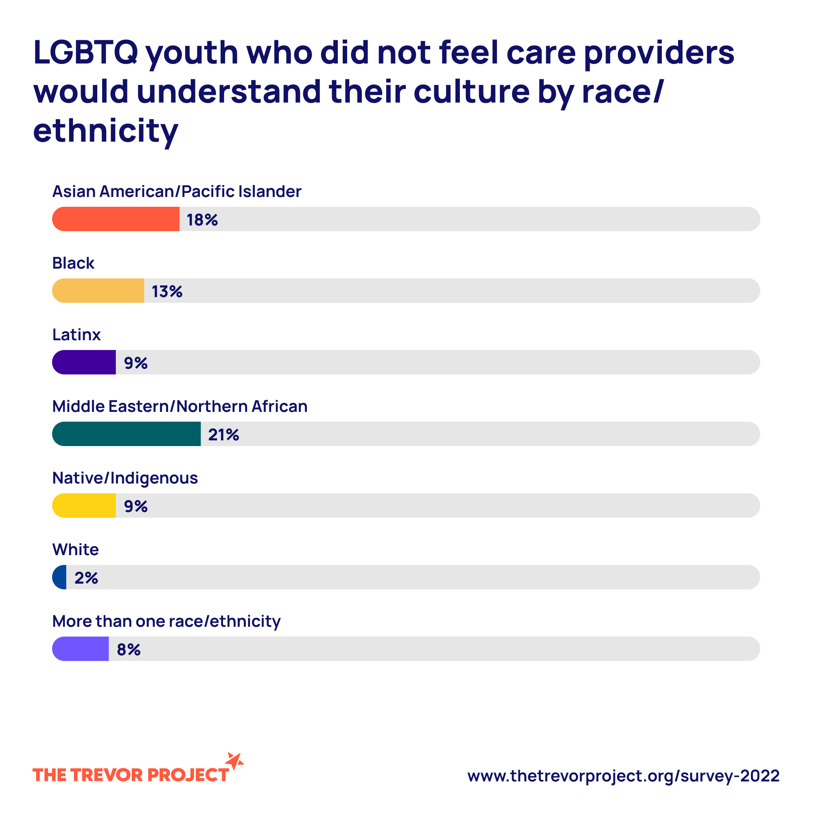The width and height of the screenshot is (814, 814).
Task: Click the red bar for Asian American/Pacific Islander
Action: (116, 219)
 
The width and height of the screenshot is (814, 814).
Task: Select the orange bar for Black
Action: (98, 291)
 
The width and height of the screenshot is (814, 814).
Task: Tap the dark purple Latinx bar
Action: (84, 362)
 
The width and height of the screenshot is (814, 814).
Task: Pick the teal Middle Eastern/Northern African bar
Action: (127, 434)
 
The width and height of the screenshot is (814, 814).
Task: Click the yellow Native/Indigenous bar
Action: (84, 505)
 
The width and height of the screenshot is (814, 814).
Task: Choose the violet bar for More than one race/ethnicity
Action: (81, 649)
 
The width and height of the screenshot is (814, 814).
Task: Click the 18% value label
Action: (202, 220)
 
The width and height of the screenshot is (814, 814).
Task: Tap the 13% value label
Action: (167, 291)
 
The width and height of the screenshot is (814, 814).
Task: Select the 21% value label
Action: (223, 435)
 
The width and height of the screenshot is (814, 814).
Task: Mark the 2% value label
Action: (86, 578)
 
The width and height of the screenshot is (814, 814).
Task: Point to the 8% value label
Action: (129, 650)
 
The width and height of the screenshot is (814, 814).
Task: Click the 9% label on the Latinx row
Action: (136, 363)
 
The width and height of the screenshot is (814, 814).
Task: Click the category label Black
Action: (73, 263)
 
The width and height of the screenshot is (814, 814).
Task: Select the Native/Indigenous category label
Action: (125, 478)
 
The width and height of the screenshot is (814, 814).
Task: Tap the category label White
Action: (75, 549)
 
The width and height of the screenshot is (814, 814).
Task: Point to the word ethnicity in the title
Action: (105, 131)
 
